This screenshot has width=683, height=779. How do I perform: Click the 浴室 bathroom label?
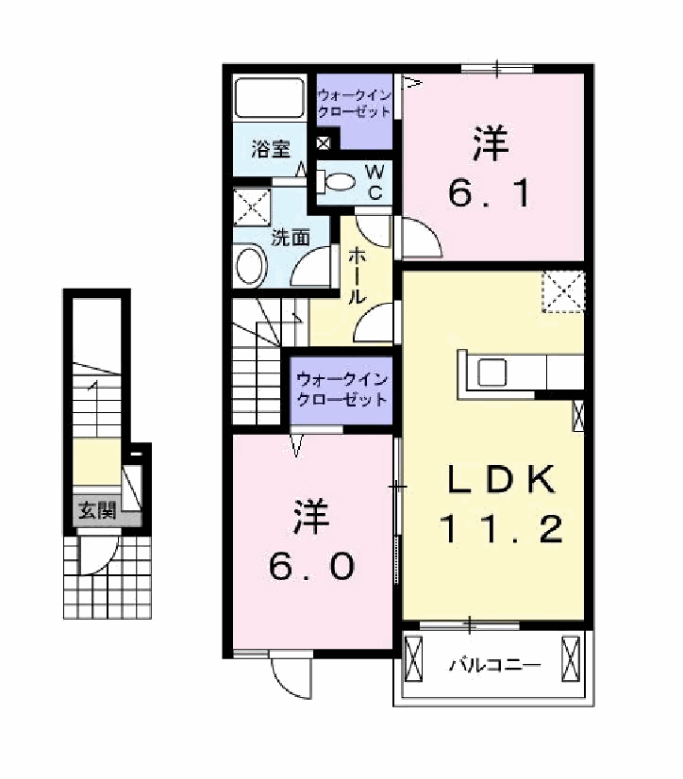[x=271, y=149]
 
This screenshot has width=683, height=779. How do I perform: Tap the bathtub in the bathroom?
[x=269, y=97]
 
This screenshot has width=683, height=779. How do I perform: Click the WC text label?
[x=375, y=182]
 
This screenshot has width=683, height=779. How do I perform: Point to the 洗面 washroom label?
[x=291, y=238]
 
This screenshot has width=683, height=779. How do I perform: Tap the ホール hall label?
[x=358, y=276]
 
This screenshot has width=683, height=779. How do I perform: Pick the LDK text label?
[x=501, y=479]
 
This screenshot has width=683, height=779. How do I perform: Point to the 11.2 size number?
[x=501, y=528]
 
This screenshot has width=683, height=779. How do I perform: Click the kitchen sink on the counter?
[x=491, y=373]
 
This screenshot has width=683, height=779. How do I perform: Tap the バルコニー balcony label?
[x=494, y=665]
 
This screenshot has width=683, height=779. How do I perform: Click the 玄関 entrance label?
[x=97, y=510]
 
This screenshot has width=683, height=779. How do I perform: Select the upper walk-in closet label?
[x=355, y=103]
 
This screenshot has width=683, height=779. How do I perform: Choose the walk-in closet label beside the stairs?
[x=341, y=390]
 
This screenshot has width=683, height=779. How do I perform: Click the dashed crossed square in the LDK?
[x=563, y=291]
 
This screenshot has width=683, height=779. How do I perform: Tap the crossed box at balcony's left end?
[x=413, y=659]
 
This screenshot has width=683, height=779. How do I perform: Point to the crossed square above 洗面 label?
[x=252, y=207]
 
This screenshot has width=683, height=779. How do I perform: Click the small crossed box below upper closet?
[x=324, y=143]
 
